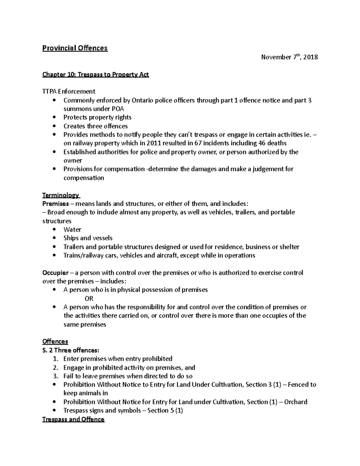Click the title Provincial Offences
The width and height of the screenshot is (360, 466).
click(75, 48)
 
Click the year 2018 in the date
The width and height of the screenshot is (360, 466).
click(310, 57)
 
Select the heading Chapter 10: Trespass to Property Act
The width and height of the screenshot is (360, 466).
click(95, 74)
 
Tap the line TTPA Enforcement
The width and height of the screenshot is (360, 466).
click(69, 91)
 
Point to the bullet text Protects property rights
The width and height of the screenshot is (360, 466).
click(97, 117)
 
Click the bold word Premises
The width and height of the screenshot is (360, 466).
click(55, 204)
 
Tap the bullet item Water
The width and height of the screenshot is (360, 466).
click(72, 230)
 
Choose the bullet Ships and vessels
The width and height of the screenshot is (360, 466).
click(88, 238)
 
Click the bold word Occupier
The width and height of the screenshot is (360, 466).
click(55, 273)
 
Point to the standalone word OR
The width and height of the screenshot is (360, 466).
click(89, 299)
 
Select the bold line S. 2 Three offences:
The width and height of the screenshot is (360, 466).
click(70, 350)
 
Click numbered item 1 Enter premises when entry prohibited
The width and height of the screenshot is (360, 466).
click(118, 359)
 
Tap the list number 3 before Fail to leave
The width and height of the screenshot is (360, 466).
click(55, 376)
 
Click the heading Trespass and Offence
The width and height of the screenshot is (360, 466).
click(73, 419)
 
